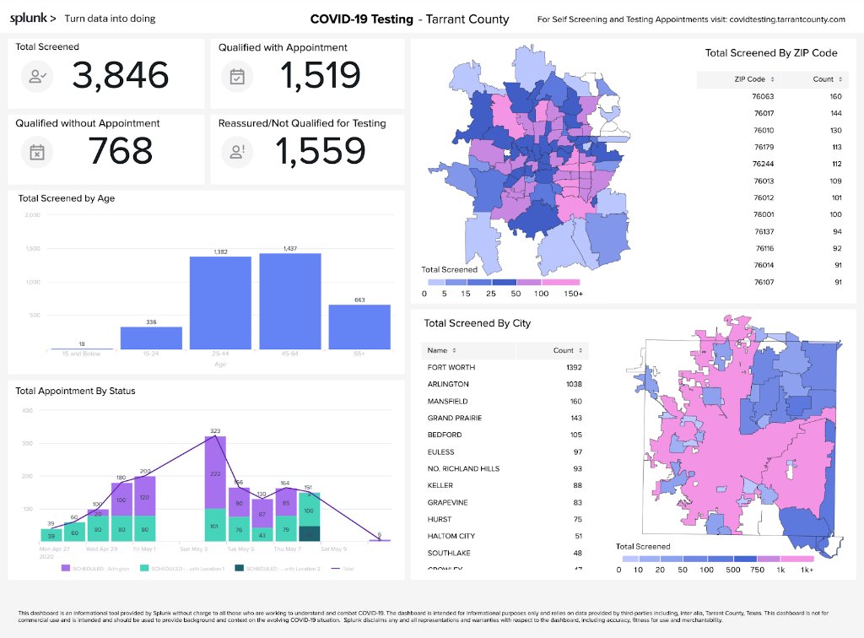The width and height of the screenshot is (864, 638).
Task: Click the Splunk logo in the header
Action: [x=33, y=18]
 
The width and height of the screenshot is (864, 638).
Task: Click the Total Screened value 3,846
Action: [x=120, y=76]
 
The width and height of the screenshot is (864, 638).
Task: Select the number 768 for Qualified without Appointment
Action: [x=120, y=151]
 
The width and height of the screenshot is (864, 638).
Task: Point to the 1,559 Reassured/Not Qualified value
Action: [x=321, y=151]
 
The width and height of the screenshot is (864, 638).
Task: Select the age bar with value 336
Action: [x=151, y=338]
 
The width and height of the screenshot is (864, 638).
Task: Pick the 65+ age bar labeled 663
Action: [x=359, y=327]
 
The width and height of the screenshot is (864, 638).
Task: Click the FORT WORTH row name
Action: [x=451, y=367]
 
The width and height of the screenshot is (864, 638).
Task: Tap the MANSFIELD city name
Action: [x=447, y=401]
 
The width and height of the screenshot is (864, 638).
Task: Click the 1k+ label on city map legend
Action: [x=807, y=570]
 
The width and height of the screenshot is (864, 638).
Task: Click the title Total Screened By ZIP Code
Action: [x=771, y=53]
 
